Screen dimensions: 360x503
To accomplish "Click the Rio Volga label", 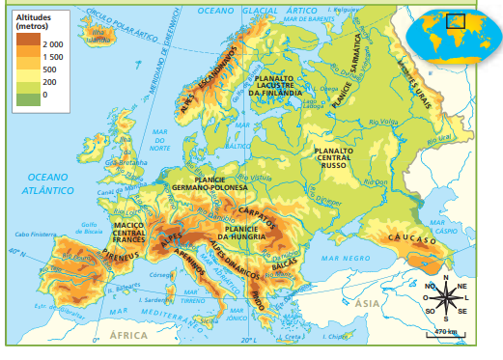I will pos(385,122).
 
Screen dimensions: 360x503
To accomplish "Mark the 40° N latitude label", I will pos(14,253).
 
